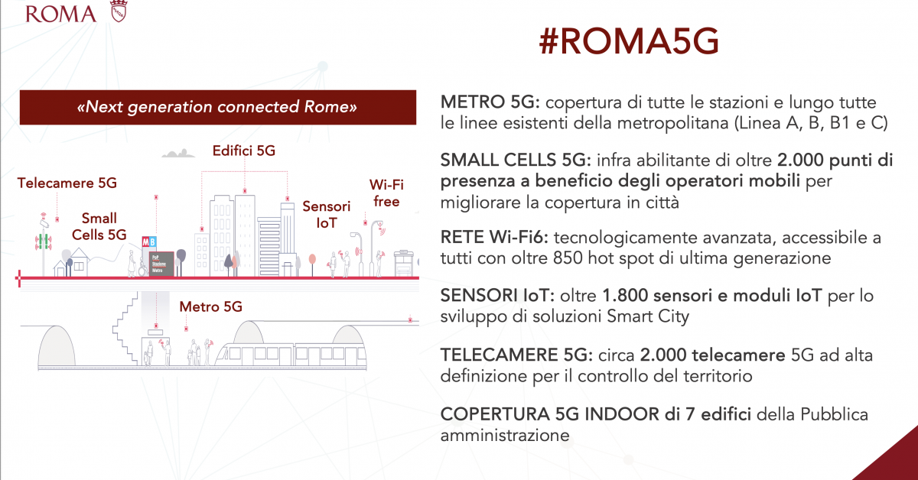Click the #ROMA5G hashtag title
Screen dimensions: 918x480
(x=629, y=41)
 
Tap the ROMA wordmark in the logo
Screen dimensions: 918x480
(x=60, y=14)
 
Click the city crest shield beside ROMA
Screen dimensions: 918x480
(x=119, y=11)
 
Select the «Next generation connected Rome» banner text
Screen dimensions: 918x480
(x=217, y=107)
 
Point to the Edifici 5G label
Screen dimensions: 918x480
(x=244, y=151)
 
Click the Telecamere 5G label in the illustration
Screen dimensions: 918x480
(x=67, y=183)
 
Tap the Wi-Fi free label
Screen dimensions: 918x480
(x=386, y=193)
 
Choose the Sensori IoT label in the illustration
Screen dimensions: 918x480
(x=326, y=215)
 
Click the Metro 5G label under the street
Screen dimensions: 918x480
(x=210, y=306)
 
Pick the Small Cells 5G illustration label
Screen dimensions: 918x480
(x=99, y=226)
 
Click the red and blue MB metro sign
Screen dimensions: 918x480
(x=148, y=242)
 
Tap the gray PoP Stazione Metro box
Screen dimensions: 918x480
(x=161, y=264)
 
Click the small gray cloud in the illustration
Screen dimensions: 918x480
(x=178, y=153)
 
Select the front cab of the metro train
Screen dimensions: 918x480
(x=226, y=355)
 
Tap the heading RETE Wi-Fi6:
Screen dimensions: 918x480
(x=494, y=237)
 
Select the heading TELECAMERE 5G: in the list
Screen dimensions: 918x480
(x=516, y=355)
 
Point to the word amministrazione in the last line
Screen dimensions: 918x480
(x=505, y=435)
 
